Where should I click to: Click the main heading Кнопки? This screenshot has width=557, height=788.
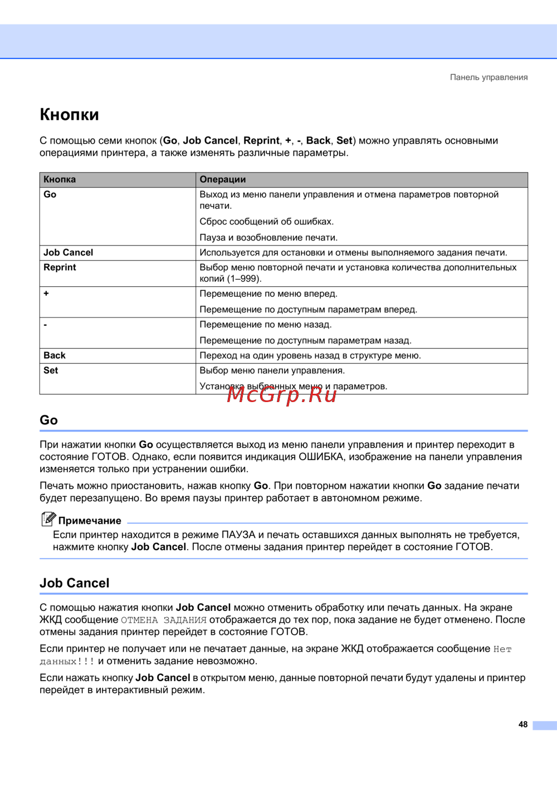point(69,115)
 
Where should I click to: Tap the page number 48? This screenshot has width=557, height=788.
point(522,725)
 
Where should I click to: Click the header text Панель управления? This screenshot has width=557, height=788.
point(488,77)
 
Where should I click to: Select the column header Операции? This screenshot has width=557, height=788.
point(223,179)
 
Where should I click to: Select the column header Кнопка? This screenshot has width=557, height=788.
point(60,179)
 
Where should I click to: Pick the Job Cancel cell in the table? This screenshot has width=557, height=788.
point(69,252)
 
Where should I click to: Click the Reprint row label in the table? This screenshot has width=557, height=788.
point(60,267)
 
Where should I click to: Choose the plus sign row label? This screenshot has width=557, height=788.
point(46,293)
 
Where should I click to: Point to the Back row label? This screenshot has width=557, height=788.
point(55,355)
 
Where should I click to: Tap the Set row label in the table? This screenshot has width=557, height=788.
point(51,370)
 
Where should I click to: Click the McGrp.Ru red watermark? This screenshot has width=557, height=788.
point(282,394)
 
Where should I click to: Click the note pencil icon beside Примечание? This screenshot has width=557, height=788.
point(48,519)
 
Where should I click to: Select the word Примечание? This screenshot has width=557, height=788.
point(90,521)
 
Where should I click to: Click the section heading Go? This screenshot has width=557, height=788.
point(48,420)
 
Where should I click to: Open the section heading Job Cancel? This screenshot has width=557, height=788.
point(75,583)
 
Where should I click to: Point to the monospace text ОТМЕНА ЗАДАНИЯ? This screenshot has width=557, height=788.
point(164,620)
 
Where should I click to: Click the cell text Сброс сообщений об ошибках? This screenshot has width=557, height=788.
point(267,222)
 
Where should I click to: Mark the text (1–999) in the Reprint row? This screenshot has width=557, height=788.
point(244,278)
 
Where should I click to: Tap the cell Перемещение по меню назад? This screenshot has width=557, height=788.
point(266,325)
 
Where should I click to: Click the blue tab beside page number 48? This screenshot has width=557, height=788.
point(544,726)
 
